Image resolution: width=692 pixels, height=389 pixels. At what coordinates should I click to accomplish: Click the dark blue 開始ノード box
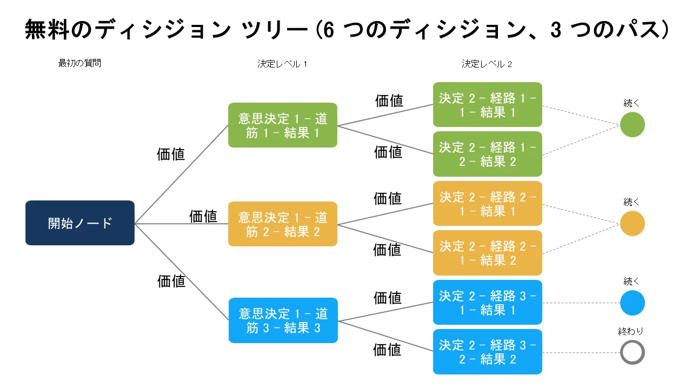point(80,223)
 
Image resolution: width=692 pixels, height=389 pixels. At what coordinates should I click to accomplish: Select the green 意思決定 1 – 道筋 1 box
point(283,125)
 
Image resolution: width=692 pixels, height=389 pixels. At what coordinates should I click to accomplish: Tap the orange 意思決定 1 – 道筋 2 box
point(283,224)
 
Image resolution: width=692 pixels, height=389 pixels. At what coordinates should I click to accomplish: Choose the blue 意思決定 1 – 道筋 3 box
point(283,320)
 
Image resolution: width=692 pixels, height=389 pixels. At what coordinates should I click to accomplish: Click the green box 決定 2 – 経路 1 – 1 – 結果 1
point(488,105)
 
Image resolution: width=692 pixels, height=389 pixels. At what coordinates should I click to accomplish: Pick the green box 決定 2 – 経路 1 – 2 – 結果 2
point(488,154)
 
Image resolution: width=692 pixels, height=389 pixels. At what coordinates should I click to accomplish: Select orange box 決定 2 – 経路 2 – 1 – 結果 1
point(488,204)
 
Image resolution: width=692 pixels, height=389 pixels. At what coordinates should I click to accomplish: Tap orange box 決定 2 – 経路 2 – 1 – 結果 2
point(488,253)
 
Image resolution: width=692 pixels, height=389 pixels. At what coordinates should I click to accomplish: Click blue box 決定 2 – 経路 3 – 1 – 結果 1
point(488,302)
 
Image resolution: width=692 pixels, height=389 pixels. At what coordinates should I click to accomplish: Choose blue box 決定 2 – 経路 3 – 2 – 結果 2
point(488,352)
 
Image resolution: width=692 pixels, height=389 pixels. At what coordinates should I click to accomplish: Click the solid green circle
point(633,124)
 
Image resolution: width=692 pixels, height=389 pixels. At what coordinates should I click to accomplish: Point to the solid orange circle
point(633,223)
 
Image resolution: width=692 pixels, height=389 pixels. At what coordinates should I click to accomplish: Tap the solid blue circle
point(633,303)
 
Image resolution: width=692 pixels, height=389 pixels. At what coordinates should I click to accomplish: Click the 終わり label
point(630,331)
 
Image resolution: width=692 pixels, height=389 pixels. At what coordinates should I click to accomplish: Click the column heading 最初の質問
point(79,63)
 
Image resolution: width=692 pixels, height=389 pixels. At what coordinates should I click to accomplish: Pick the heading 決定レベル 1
point(282,64)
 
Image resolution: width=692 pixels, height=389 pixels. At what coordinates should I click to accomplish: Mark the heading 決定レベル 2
point(487,64)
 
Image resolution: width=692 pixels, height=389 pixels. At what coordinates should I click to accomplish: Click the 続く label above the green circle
point(631,103)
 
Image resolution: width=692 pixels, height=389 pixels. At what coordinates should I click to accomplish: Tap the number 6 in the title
point(328,30)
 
